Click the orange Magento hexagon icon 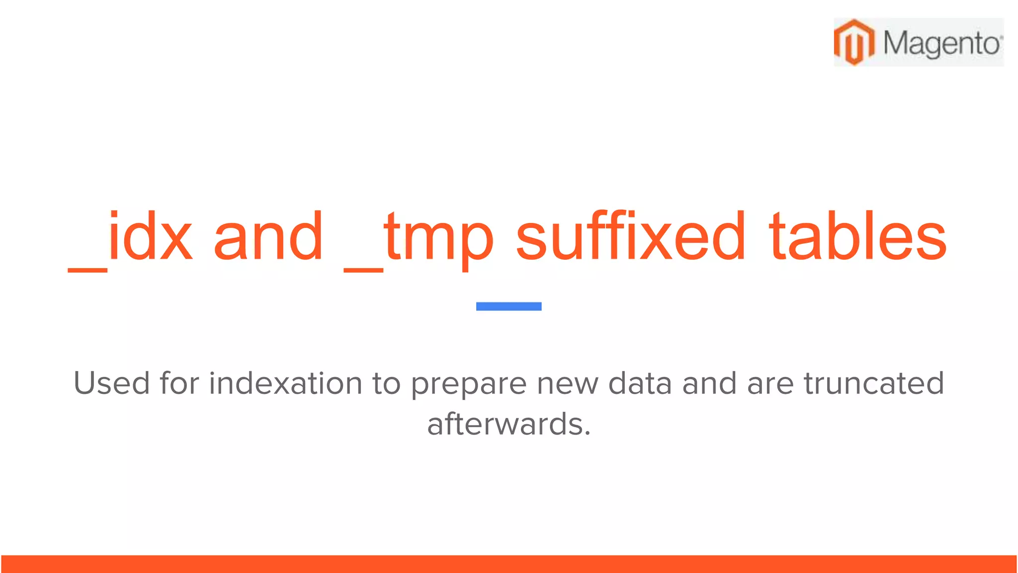pyautogui.click(x=854, y=42)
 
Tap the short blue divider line pyautogui.click(x=509, y=306)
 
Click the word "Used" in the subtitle pyautogui.click(x=111, y=383)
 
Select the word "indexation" pyautogui.click(x=285, y=383)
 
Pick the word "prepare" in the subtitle pyautogui.click(x=468, y=384)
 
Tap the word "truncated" pyautogui.click(x=874, y=383)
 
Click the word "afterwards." pyautogui.click(x=509, y=424)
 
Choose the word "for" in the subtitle pyautogui.click(x=179, y=383)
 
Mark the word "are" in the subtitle pyautogui.click(x=770, y=384)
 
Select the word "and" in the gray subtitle pyautogui.click(x=709, y=383)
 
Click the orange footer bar pyautogui.click(x=509, y=564)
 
